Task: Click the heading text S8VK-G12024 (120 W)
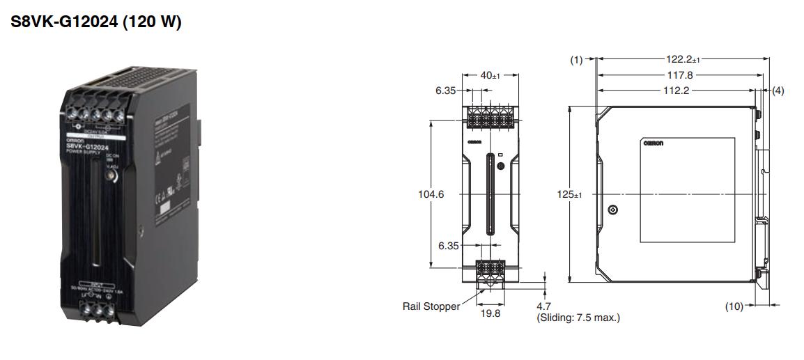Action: point(96,22)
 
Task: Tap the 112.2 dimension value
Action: point(680,91)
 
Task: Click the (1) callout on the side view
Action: point(576,60)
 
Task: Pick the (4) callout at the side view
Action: point(778,91)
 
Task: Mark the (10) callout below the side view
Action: point(734,306)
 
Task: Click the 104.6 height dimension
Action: point(431,194)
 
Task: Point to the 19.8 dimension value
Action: point(490,315)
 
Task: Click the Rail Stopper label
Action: point(431,306)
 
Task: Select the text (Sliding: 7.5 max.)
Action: point(578,318)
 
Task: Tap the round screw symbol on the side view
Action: point(613,210)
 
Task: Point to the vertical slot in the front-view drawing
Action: point(491,194)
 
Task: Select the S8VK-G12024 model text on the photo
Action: point(88,147)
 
